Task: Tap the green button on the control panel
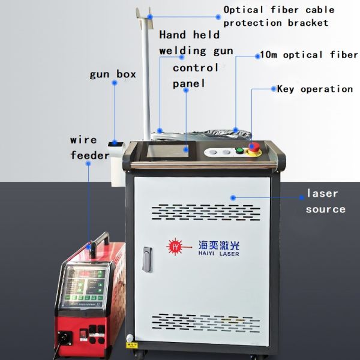239,150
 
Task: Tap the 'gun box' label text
112,74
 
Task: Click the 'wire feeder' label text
90,148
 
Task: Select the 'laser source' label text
325,201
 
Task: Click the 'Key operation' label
314,89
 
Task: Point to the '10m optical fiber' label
309,55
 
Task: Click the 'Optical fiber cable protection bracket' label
276,16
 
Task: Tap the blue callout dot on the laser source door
233,196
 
